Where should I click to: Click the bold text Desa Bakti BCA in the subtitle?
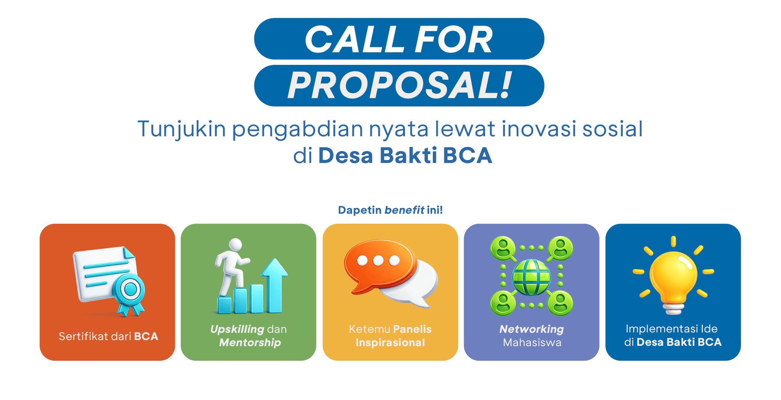(405, 155)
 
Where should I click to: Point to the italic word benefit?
(404, 210)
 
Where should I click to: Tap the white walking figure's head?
(235, 245)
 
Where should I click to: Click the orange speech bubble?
(379, 266)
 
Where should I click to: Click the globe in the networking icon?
(531, 277)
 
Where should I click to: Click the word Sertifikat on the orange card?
(83, 336)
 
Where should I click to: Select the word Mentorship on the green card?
(250, 342)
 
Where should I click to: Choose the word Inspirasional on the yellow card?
(390, 342)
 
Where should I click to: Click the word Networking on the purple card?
(532, 329)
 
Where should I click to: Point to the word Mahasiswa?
(532, 342)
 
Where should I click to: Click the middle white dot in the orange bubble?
(378, 261)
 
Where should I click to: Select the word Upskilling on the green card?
(237, 329)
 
